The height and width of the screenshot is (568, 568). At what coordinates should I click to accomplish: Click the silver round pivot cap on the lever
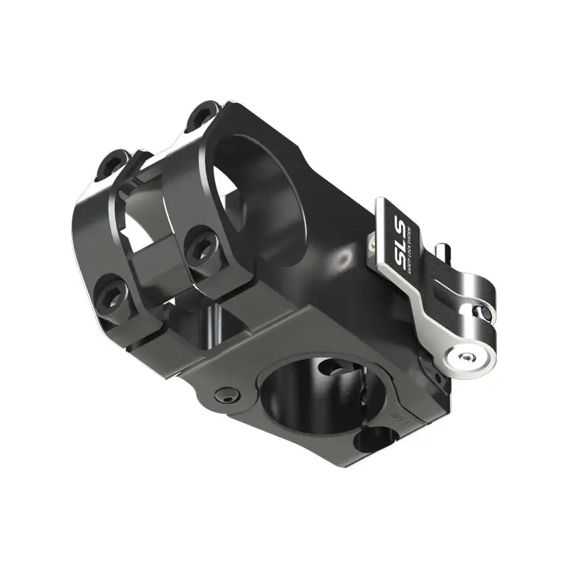pos(465,359)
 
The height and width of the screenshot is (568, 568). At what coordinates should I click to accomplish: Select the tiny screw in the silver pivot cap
pos(465,358)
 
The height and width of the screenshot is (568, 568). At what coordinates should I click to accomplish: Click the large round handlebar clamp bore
pos(259,188)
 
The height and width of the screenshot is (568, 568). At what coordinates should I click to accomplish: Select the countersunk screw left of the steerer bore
pos(226,395)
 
